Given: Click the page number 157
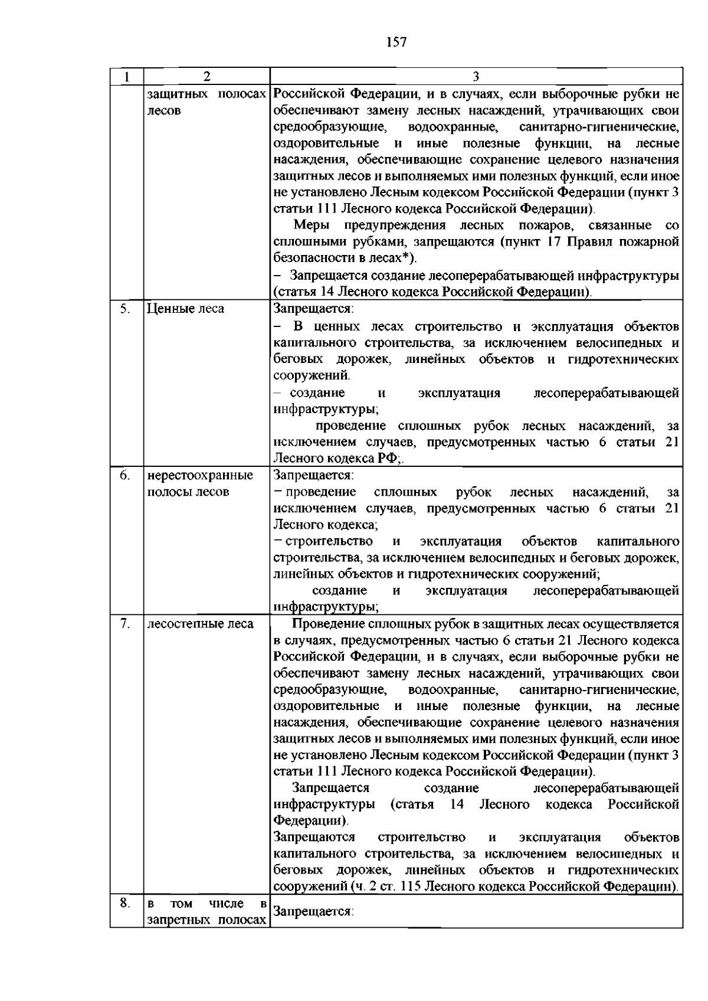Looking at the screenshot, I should (x=396, y=42).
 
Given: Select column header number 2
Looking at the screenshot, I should (x=206, y=76).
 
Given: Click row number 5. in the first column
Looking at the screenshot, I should (x=124, y=308).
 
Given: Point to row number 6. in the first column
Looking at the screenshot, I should (x=124, y=475).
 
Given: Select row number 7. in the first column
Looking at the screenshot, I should (x=124, y=624).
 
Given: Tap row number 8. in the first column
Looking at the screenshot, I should (x=124, y=902).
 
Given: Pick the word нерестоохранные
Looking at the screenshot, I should (x=200, y=475).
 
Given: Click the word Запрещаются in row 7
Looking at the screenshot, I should (x=314, y=838).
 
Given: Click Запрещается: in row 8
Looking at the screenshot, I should (x=313, y=912).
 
